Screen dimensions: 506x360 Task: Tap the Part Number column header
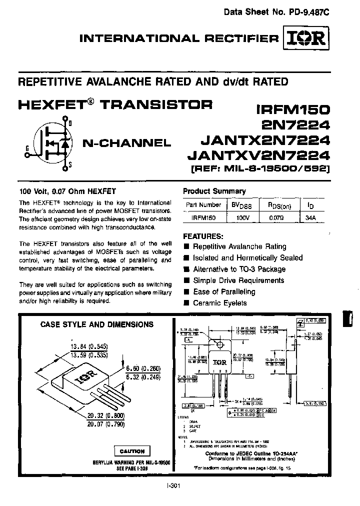point(203,205)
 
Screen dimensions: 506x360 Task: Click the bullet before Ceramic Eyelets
point(186,303)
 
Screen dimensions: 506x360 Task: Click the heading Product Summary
point(214,191)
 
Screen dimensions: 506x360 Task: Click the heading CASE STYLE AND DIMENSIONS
point(96,324)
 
